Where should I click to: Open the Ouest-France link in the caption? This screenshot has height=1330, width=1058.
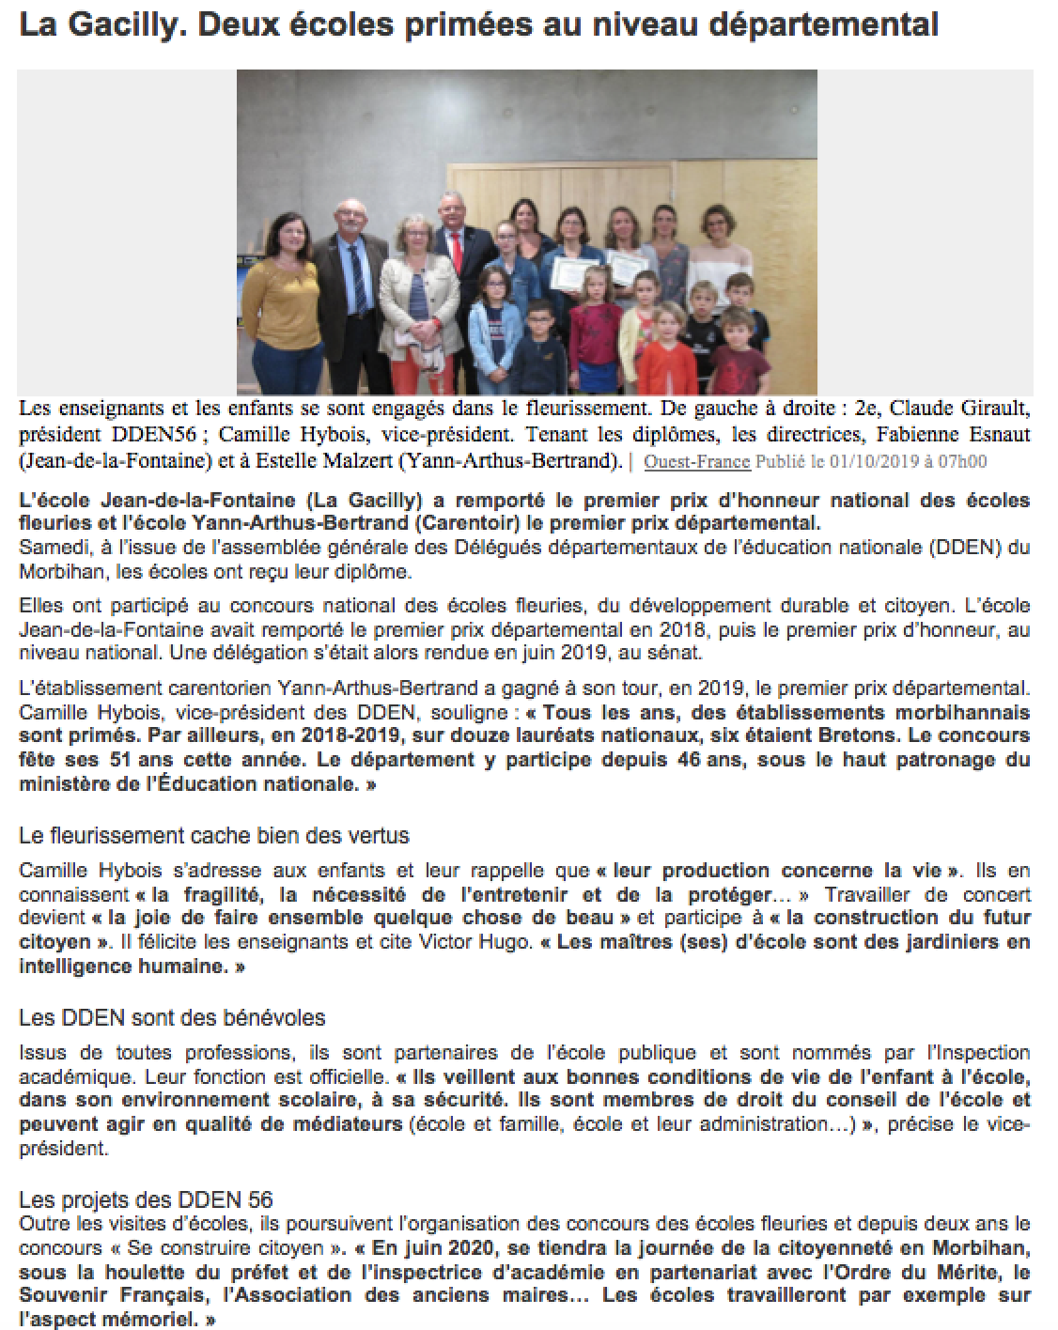(x=696, y=461)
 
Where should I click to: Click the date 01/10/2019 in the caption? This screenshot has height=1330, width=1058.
(x=878, y=461)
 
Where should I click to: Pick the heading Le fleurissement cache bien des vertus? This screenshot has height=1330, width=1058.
(x=214, y=834)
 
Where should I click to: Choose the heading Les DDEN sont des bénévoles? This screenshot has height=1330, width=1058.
(x=172, y=1017)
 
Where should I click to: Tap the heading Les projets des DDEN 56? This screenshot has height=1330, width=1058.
(x=146, y=1199)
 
